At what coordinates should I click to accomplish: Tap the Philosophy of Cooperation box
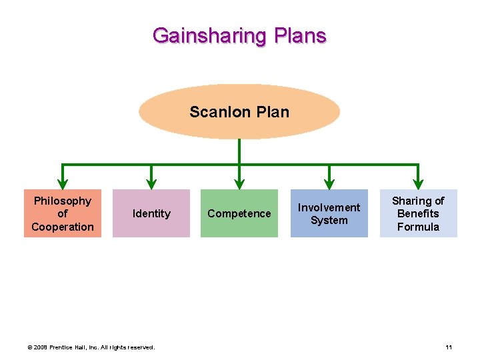point(63,213)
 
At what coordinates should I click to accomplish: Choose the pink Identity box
point(151,213)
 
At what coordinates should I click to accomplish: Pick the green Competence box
point(239,213)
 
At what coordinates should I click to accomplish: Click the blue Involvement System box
point(329,213)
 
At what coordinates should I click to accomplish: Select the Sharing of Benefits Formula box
point(418,213)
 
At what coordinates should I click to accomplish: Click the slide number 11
point(449,347)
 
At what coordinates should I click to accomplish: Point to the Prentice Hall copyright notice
point(91,347)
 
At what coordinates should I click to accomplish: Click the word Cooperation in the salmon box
point(63,227)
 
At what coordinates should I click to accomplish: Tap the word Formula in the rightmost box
point(418,227)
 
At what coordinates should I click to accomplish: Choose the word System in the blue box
point(329,221)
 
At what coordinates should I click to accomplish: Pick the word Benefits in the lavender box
point(418,213)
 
